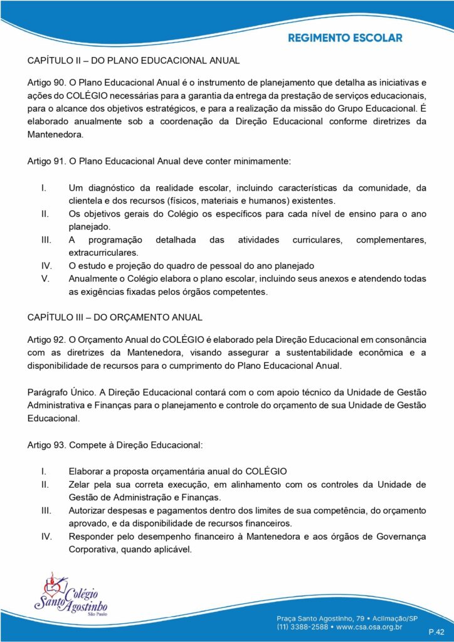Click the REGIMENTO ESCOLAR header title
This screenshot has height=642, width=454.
[345, 38]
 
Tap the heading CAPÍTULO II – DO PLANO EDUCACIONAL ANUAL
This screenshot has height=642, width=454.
[134, 61]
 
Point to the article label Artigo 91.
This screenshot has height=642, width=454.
[46, 161]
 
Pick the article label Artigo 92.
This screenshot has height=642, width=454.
[46, 339]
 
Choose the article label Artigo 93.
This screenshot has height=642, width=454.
[46, 445]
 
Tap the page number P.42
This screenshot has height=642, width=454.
[436, 631]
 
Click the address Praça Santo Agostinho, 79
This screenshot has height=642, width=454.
[325, 615]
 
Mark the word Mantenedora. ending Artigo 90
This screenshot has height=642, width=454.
[55, 134]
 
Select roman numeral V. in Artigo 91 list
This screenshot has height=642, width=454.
[45, 278]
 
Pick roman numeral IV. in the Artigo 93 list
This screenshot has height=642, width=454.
[46, 536]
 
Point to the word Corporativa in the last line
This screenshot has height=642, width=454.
[94, 549]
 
